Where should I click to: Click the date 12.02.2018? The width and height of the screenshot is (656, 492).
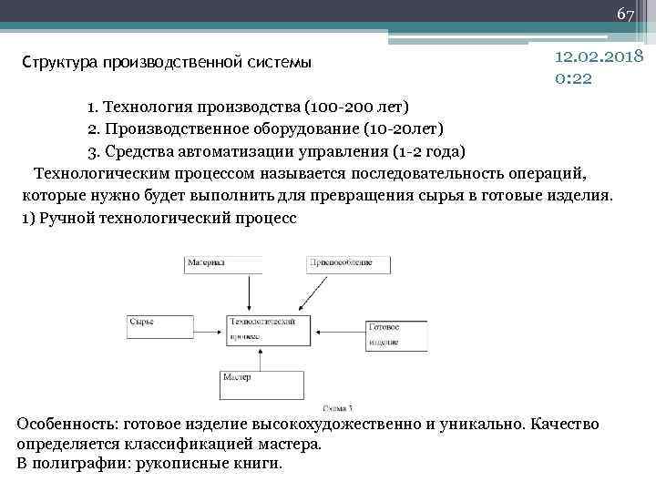(599, 57)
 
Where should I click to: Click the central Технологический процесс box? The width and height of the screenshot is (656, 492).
(263, 329)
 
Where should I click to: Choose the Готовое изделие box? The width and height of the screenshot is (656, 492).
(396, 334)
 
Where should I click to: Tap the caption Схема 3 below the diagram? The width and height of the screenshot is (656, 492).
(338, 408)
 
